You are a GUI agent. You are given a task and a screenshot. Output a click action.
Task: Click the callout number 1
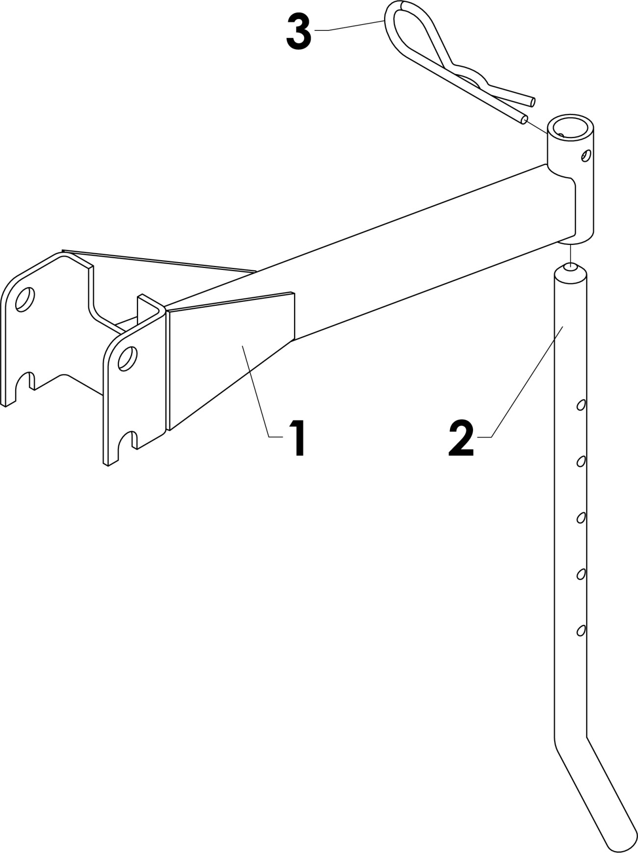(297, 439)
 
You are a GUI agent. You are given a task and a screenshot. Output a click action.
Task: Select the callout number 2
(461, 439)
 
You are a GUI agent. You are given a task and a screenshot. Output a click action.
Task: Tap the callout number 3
(298, 31)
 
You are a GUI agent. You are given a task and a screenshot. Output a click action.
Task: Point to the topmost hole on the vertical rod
(581, 405)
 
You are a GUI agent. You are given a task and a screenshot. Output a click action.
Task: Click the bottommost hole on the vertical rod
(581, 630)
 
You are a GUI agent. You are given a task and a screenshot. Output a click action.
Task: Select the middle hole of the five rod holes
(581, 518)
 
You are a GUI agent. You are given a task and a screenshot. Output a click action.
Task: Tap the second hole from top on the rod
(581, 461)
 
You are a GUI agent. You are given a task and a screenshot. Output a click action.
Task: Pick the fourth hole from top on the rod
(581, 574)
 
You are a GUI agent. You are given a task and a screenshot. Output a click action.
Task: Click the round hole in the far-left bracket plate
(25, 299)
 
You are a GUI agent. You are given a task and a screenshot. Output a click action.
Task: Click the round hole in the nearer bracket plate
(128, 358)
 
